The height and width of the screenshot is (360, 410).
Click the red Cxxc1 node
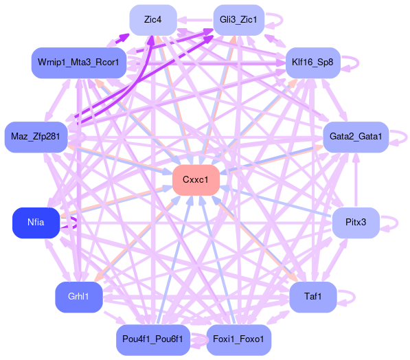(196, 180)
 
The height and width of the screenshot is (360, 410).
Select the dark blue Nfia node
(36, 223)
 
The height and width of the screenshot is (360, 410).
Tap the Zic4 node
(153, 20)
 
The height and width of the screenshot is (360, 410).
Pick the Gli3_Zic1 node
(238, 20)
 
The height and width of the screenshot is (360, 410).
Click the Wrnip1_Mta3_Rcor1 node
(79, 63)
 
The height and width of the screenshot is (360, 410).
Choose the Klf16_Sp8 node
(312, 63)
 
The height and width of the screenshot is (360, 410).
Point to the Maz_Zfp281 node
(36, 137)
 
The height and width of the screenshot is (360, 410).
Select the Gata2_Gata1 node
(356, 137)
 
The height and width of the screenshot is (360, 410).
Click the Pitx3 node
(356, 223)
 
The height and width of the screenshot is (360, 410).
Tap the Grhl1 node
(79, 297)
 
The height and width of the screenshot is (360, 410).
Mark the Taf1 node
(312, 297)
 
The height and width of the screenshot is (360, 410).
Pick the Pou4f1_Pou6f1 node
(153, 340)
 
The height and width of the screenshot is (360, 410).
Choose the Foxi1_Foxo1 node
(238, 340)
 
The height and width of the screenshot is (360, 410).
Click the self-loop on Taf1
(354, 297)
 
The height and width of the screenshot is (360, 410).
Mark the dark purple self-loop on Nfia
(76, 223)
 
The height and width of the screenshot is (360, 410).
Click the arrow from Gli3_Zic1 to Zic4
(195, 20)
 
